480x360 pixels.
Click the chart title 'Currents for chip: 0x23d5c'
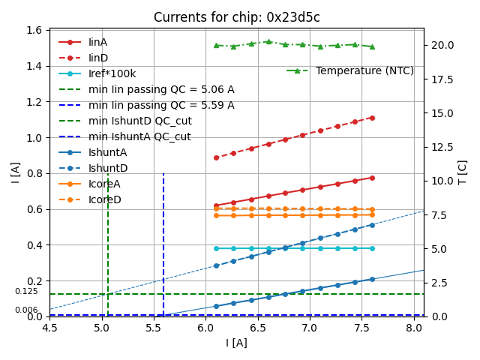pyautogui.click(x=236, y=17)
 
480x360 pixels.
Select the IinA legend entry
pyautogui.click(x=97, y=42)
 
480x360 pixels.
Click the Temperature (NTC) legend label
pyautogui.click(x=364, y=70)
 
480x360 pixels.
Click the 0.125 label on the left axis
pyautogui.click(x=26, y=291)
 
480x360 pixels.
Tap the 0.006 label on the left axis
pyautogui.click(x=26, y=310)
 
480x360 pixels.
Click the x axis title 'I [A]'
pyautogui.click(x=236, y=343)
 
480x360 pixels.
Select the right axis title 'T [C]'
pyautogui.click(x=463, y=172)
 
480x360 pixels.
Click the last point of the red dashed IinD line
pyautogui.click(x=372, y=118)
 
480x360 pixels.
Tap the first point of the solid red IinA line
pyautogui.click(x=216, y=205)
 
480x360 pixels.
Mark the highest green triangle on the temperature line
pyautogui.click(x=268, y=42)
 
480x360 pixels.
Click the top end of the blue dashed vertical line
pyautogui.click(x=163, y=173)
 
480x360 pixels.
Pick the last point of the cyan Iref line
pyautogui.click(x=372, y=248)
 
